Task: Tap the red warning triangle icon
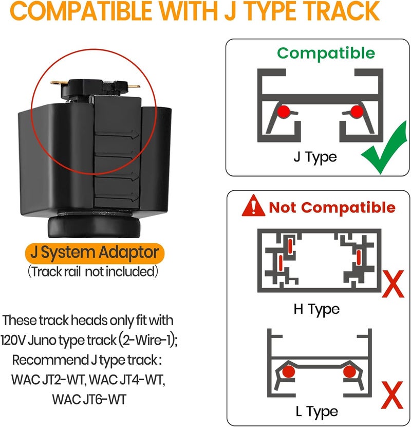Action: [x=253, y=206]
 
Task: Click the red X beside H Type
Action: [x=393, y=284]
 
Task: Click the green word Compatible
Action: [x=326, y=53]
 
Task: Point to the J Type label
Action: [x=315, y=157]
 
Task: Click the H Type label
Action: [x=316, y=310]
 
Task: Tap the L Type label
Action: [x=316, y=412]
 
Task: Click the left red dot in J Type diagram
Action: [x=284, y=111]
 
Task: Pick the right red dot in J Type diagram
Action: [x=357, y=111]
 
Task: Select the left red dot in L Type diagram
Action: [x=288, y=371]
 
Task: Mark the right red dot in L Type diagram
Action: [x=349, y=371]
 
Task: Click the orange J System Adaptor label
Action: [x=95, y=253]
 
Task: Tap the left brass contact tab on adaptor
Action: [x=58, y=82]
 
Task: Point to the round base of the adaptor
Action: [x=94, y=227]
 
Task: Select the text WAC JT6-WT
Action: [x=89, y=400]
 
